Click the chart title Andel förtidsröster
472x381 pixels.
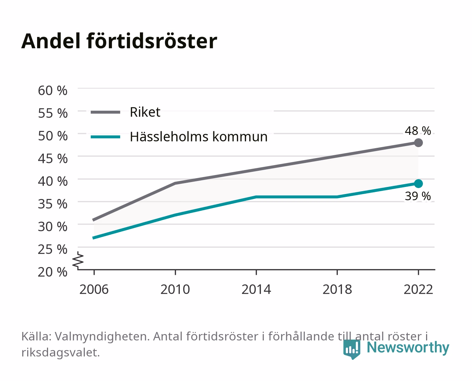pos(119,41)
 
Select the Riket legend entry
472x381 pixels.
pos(125,112)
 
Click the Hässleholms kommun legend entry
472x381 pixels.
pos(179,137)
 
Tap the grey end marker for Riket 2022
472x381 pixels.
pos(418,143)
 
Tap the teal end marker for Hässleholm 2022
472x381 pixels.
pos(418,183)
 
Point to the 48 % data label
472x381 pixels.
pos(418,131)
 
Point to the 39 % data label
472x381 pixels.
pos(418,196)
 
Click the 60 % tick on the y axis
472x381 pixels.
pos(53,91)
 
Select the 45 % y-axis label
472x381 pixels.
pos(53,159)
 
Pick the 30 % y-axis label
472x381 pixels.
pos(53,226)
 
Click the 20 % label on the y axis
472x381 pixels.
pos(53,272)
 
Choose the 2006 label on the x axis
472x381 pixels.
pos(94,289)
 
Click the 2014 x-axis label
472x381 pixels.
pos(256,289)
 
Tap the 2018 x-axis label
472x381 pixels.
pos(337,289)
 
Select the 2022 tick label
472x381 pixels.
pos(418,289)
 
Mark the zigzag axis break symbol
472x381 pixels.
pos(78,260)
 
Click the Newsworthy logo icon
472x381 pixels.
pos(352,349)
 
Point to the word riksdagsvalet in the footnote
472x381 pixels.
pos(60,352)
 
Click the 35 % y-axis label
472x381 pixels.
pos(53,204)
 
